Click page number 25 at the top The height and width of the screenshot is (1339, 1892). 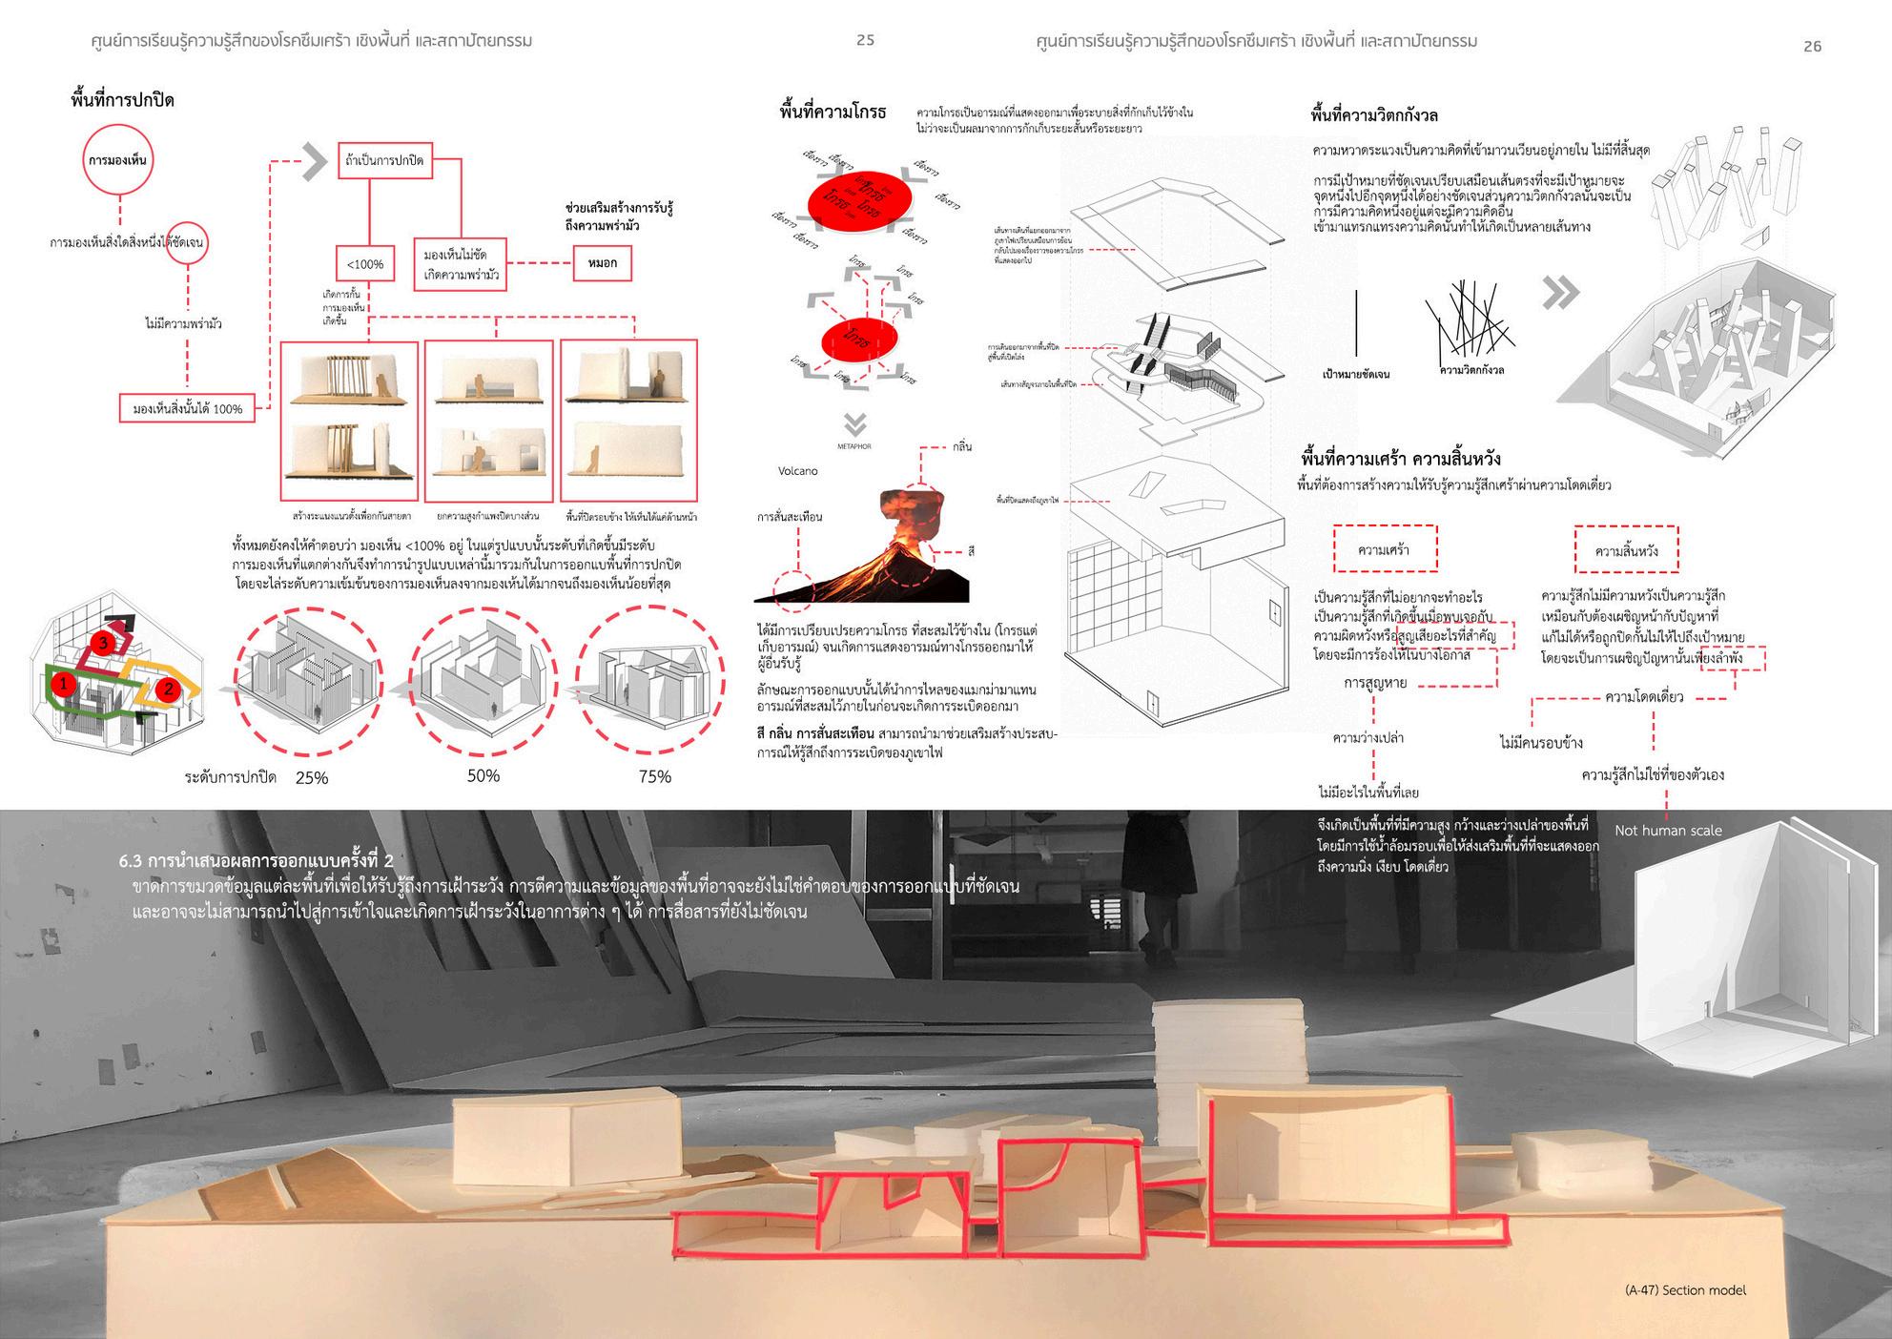pos(865,40)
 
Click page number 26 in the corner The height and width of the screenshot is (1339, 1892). pos(1812,46)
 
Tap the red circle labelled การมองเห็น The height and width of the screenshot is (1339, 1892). pos(117,160)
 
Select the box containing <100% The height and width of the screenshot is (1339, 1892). pos(364,263)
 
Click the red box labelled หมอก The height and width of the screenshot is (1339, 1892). pos(602,263)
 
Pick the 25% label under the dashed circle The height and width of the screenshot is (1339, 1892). pos(312,778)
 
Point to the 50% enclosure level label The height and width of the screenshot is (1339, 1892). pos(483,776)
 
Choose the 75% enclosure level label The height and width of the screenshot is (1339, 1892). pos(655,777)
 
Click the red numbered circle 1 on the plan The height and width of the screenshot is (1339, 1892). pos(63,683)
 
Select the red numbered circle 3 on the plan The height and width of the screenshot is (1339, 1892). pos(104,644)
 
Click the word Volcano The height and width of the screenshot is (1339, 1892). pos(797,471)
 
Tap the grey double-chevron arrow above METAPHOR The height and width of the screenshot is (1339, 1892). pos(855,423)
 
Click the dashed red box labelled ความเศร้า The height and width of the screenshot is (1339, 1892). pos(1385,549)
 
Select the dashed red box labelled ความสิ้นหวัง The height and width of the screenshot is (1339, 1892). pos(1626,551)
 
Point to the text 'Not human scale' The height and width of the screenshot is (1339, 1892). pos(1668,831)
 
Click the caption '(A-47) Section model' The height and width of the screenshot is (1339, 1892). pos(1685,1290)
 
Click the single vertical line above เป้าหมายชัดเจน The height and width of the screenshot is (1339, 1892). pos(1356,323)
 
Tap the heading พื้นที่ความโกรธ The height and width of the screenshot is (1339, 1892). pos(832,113)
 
